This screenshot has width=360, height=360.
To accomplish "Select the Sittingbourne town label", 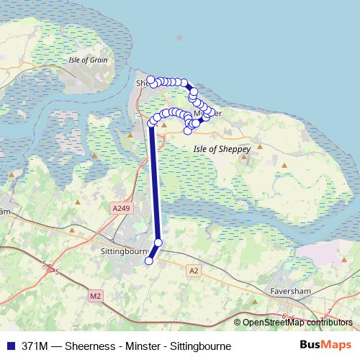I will click(x=121, y=252).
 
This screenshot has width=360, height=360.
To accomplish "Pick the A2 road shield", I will click(x=192, y=270).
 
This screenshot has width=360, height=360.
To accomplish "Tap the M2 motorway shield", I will click(x=96, y=295).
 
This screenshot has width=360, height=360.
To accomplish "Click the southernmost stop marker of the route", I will click(x=149, y=261).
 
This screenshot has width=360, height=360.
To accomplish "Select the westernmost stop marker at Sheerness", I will click(x=150, y=80).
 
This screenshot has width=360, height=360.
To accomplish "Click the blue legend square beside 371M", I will click(x=9, y=346).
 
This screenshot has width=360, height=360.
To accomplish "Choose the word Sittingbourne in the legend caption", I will click(x=203, y=346).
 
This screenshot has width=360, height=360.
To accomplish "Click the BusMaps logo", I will click(x=325, y=345).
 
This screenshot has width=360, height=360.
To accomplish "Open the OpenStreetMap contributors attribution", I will click(x=297, y=323).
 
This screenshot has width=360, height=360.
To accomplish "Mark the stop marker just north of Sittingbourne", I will click(x=158, y=243).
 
